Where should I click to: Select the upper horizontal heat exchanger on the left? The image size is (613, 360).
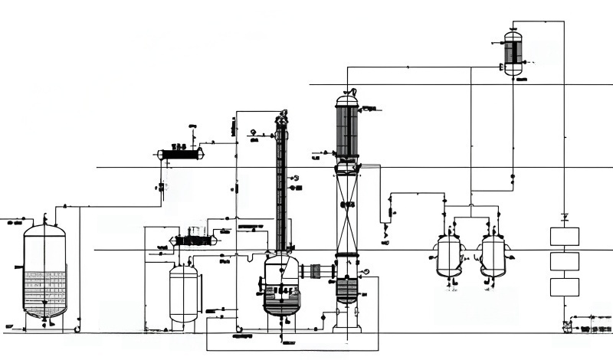point(181,154)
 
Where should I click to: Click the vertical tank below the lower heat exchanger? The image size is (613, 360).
point(183,293)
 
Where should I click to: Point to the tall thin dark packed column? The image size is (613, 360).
point(281,188)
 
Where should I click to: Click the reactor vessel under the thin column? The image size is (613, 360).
point(281,285)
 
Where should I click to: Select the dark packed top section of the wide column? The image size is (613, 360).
point(347,130)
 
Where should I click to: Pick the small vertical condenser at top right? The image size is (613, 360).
point(513,52)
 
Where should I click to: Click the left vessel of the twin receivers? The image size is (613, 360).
point(449,255)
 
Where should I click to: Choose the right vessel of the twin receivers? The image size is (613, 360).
point(493,255)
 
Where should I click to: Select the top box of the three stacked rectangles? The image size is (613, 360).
point(565,236)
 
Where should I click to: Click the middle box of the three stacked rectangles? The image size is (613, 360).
point(565,261)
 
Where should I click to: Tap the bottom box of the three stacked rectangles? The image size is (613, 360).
point(565,287)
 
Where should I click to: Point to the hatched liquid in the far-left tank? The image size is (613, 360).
point(44,291)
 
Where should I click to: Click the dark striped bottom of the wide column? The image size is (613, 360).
point(347,289)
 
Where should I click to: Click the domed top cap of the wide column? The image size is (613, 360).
point(347,99)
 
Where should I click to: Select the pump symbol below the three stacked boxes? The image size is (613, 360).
point(567,326)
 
